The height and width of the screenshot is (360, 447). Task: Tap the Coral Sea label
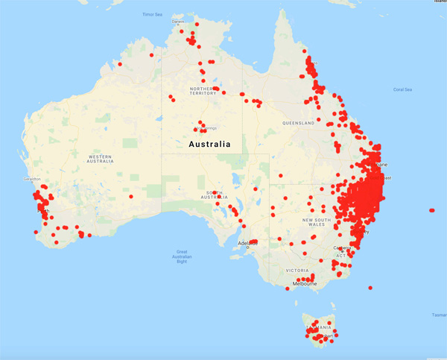pyautogui.click(x=402, y=90)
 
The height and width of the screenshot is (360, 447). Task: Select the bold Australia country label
pyautogui.click(x=209, y=144)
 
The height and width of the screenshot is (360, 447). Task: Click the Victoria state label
pyautogui.click(x=296, y=270)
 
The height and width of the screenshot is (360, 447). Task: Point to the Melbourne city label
pyautogui.click(x=305, y=284)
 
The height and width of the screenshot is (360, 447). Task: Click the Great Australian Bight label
pyautogui.click(x=182, y=256)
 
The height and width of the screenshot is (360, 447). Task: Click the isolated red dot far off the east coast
pyautogui.click(x=432, y=210)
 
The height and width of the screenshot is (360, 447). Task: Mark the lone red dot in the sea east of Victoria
pyautogui.click(x=370, y=288)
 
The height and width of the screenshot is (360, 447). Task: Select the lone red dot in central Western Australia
pyautogui.click(x=131, y=197)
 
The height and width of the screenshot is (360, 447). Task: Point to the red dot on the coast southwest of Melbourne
pyautogui.click(x=288, y=289)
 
